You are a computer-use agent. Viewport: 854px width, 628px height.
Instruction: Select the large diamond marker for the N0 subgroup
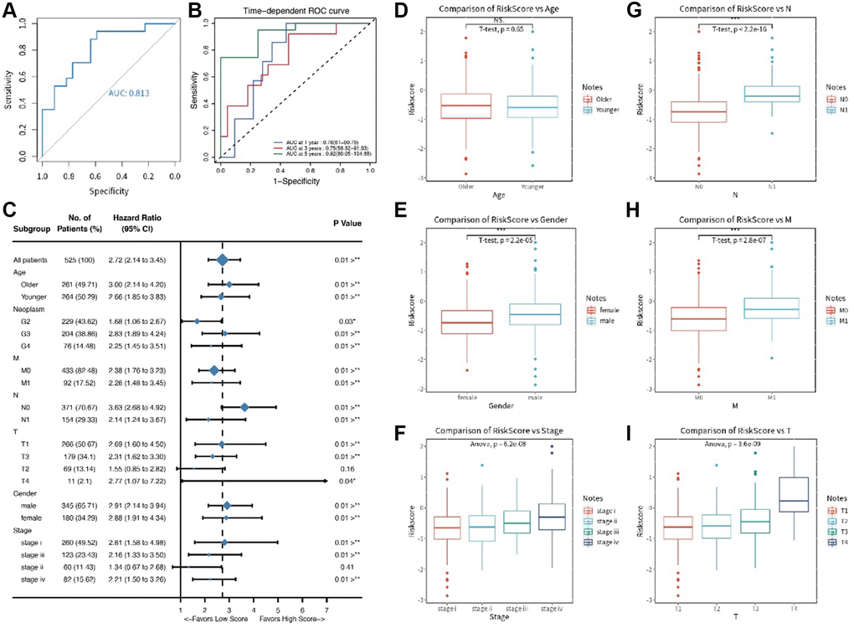(x=244, y=407)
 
